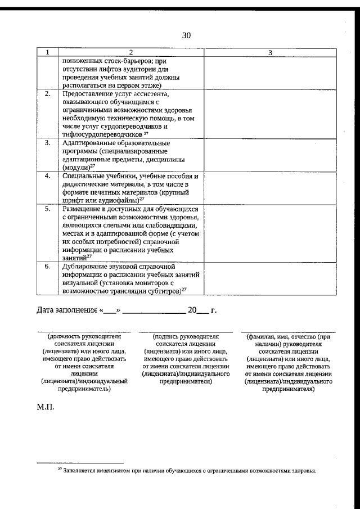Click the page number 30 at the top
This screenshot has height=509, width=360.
click(187, 35)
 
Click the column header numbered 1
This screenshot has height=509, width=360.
click(48, 52)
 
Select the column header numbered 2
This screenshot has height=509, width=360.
click(130, 52)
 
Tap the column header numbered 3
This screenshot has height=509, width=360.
click(270, 52)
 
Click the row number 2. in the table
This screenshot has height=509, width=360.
click(48, 94)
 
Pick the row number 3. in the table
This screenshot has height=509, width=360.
click(48, 143)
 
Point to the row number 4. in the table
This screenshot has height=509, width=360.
click(48, 175)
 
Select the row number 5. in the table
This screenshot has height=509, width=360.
click(48, 209)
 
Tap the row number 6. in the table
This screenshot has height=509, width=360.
click(48, 266)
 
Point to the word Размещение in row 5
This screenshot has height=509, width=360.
click(85, 209)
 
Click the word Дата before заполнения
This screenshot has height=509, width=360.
click(47, 310)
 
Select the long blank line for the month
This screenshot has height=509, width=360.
click(154, 311)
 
